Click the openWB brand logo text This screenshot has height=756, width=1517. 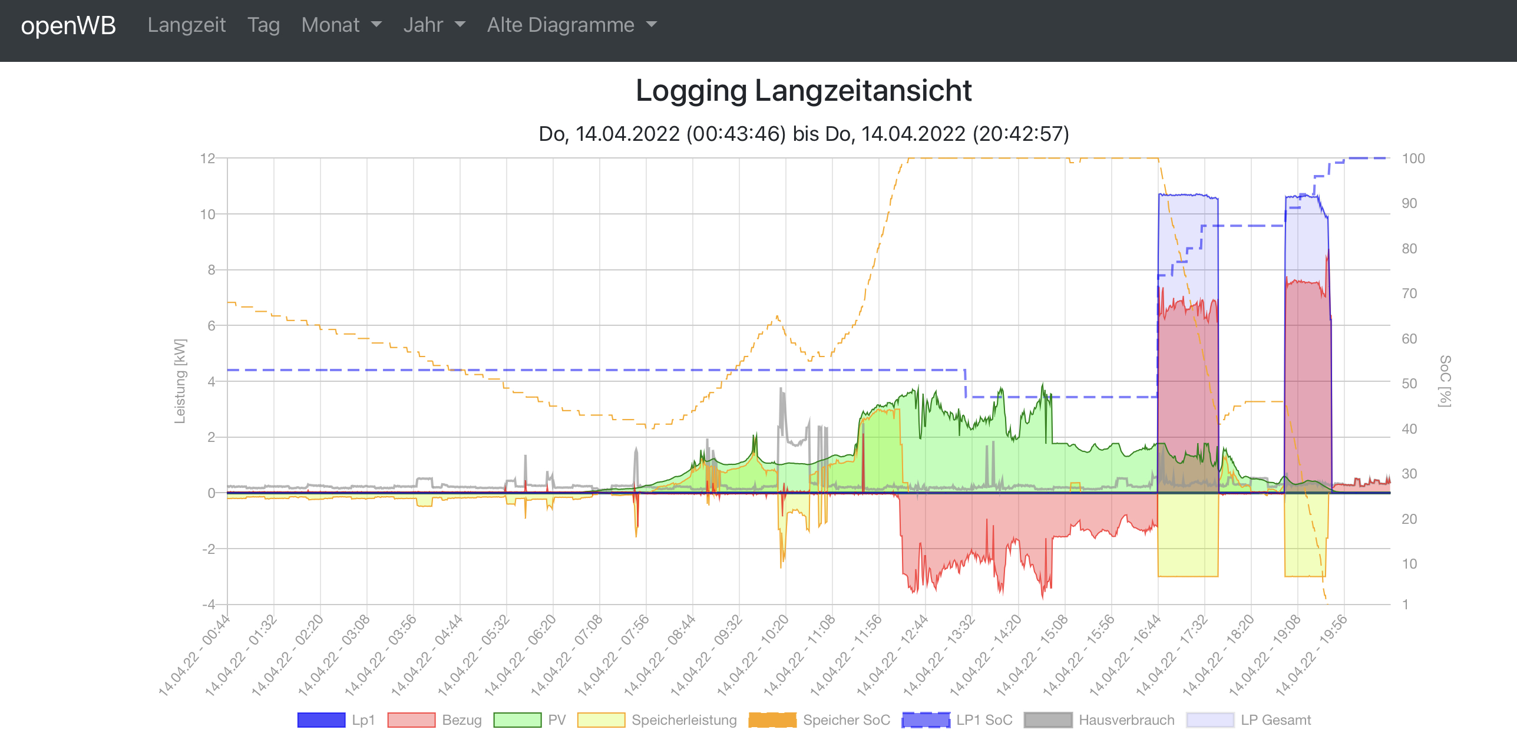pos(68,26)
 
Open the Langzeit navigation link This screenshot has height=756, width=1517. pos(186,25)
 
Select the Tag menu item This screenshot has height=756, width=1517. pos(263,25)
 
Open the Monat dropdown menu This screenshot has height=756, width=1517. pos(341,25)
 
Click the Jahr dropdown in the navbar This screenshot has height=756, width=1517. pos(434,25)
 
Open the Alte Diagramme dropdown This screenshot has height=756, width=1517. pos(571,25)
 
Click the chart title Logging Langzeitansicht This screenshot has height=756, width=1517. pos(804,91)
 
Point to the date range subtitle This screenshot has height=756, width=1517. pos(804,134)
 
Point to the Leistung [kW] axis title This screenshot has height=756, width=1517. pos(180,381)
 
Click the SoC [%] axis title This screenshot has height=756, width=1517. pos(1445,381)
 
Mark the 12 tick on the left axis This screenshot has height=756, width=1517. pos(207,159)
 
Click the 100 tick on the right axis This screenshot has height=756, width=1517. pos(1413,159)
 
